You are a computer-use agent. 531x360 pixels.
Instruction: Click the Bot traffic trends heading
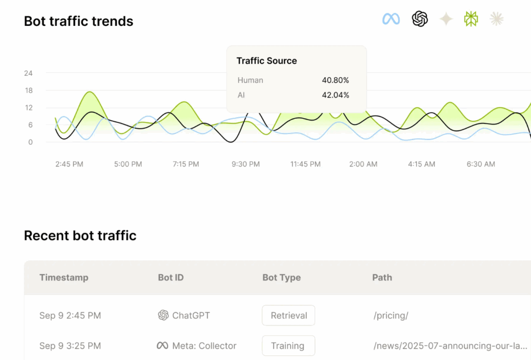click(x=78, y=21)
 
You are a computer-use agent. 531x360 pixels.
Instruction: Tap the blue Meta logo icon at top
click(x=391, y=19)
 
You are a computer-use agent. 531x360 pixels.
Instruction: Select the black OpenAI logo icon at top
click(x=420, y=19)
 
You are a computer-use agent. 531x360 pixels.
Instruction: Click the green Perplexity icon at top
click(x=471, y=19)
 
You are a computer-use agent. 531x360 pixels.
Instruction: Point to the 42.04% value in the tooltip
click(x=336, y=95)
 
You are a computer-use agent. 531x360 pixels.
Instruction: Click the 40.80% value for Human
click(x=336, y=80)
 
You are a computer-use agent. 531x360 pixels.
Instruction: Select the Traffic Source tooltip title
click(x=267, y=61)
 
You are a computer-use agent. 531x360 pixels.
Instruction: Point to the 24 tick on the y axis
click(x=28, y=73)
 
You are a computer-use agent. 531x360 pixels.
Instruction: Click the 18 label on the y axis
click(x=28, y=90)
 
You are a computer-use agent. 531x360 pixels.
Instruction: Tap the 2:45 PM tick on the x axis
click(x=69, y=164)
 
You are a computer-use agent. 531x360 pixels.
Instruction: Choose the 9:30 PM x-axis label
click(x=246, y=164)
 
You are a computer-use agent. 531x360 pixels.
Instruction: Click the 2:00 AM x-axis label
click(x=364, y=164)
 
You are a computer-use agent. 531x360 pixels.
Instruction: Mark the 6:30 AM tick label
click(x=481, y=164)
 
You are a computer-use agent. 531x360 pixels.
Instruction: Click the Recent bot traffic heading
click(x=80, y=236)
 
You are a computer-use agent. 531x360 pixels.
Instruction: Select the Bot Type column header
click(x=282, y=278)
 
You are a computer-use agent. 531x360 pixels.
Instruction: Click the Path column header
click(x=382, y=278)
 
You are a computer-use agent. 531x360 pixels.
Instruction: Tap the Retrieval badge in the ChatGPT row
click(x=288, y=315)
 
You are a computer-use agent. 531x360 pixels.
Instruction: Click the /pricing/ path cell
click(x=390, y=315)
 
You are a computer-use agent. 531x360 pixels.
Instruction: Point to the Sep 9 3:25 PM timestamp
click(x=70, y=345)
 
